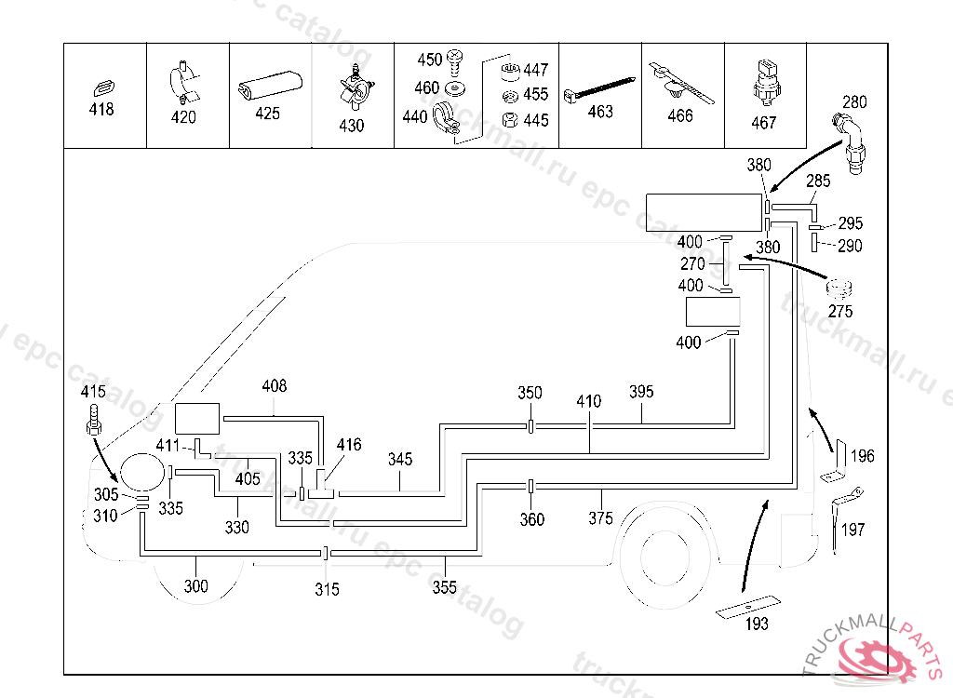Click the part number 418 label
pyautogui.click(x=101, y=110)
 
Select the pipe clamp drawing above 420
pyautogui.click(x=184, y=82)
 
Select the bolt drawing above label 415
pyautogui.click(x=94, y=422)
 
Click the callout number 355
pyautogui.click(x=444, y=587)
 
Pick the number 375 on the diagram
pyautogui.click(x=600, y=519)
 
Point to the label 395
pyautogui.click(x=641, y=392)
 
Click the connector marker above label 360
pyautogui.click(x=530, y=486)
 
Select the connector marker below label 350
pyautogui.click(x=530, y=427)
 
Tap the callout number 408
pyautogui.click(x=275, y=386)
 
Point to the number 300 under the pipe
pyautogui.click(x=195, y=586)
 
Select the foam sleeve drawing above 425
pyautogui.click(x=269, y=84)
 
